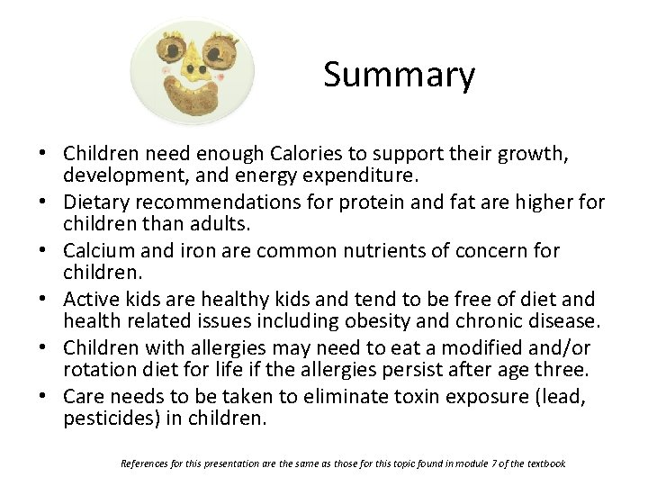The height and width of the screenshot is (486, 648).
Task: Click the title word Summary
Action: pyautogui.click(x=399, y=75)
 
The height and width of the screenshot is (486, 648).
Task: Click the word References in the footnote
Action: pyautogui.click(x=145, y=463)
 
